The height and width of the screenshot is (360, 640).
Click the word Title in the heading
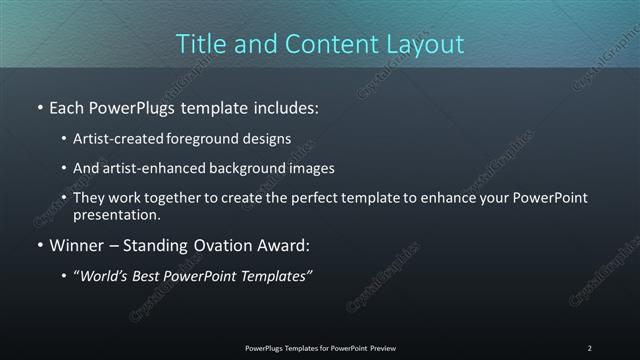(x=200, y=44)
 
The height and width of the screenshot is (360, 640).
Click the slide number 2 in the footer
(x=589, y=348)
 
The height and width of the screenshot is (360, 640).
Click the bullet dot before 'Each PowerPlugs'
(x=40, y=106)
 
